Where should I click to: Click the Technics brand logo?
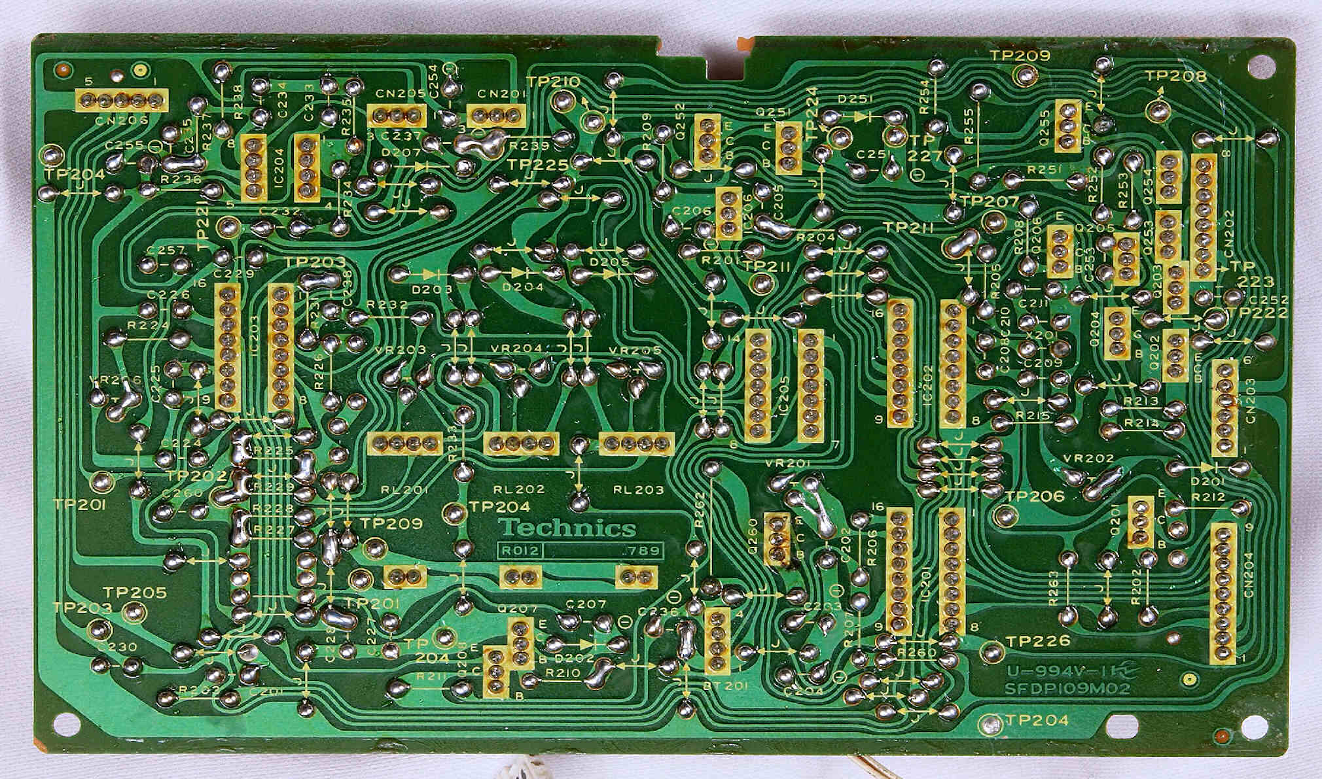pyautogui.click(x=567, y=528)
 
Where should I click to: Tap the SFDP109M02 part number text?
pyautogui.click(x=1059, y=689)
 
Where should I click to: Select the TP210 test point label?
pyautogui.click(x=553, y=82)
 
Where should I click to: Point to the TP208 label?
pyautogui.click(x=1175, y=77)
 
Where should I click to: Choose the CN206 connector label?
pyautogui.click(x=121, y=121)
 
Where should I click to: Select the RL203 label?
pyautogui.click(x=637, y=489)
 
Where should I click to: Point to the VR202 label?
pyautogui.click(x=1089, y=459)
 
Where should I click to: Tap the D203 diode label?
pyautogui.click(x=432, y=288)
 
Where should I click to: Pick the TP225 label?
pyautogui.click(x=538, y=165)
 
